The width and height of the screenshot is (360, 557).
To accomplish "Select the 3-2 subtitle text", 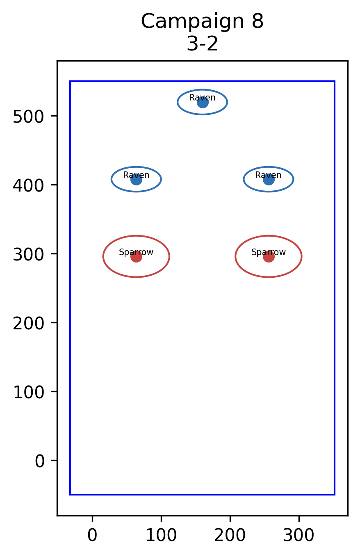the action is [203, 44].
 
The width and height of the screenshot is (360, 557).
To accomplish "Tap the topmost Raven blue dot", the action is [203, 102].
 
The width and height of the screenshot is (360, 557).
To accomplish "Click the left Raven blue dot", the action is [136, 179].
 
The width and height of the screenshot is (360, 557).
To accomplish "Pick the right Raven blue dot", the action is [269, 179].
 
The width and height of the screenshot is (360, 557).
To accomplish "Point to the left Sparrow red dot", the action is [136, 256].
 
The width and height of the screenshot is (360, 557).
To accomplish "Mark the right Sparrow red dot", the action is [269, 256].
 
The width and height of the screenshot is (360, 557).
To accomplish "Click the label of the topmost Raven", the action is [202, 98].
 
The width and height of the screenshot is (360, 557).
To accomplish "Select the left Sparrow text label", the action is [136, 252].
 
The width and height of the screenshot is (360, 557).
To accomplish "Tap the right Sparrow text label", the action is [269, 252].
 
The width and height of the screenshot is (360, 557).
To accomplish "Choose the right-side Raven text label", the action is [268, 175].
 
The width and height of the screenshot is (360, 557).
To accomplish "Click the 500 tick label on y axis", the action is [28, 116].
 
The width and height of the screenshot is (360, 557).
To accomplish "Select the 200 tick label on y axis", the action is [28, 324].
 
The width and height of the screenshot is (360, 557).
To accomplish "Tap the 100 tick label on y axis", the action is [28, 393].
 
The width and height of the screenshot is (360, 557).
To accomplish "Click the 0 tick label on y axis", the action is [39, 461].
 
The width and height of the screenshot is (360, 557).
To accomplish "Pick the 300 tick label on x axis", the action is [298, 535].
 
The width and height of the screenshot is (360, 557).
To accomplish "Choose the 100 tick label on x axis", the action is [161, 535].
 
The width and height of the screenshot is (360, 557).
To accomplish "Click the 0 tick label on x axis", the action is [92, 535].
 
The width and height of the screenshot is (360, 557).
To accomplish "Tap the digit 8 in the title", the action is [257, 21].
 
